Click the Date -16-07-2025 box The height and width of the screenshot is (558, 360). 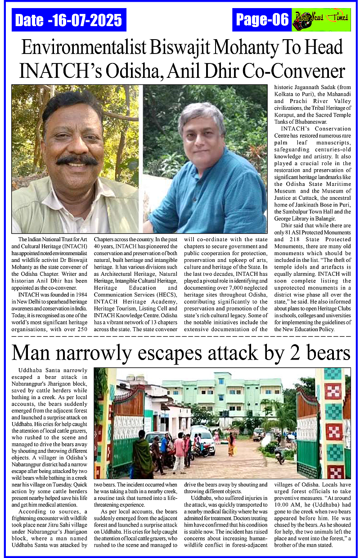tap(69, 20)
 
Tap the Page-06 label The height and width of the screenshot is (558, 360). tap(262, 20)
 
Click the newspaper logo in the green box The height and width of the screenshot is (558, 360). tap(321, 20)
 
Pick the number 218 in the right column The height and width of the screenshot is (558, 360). tap(287, 240)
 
